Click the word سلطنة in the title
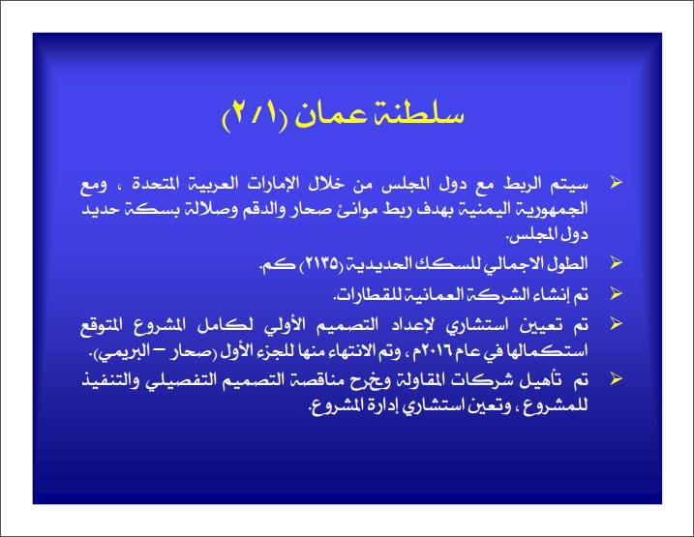point(417,114)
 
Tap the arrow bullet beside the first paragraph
point(612,182)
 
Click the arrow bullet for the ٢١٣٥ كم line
point(612,263)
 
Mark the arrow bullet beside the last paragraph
point(612,376)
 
